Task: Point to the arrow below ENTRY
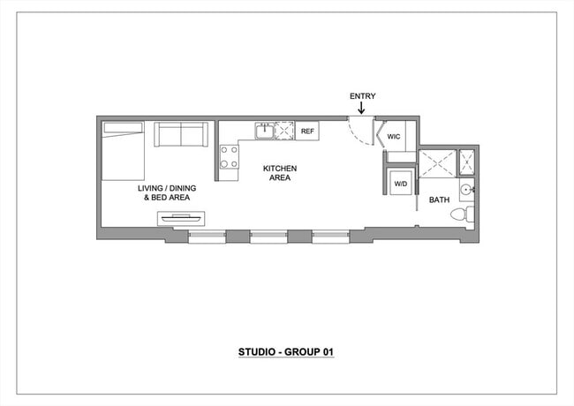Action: (x=361, y=109)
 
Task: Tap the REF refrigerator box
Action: (x=307, y=132)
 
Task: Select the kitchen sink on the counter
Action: (x=264, y=132)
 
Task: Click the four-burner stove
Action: (x=230, y=157)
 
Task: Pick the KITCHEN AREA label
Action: (x=278, y=173)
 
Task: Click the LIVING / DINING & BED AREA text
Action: (x=167, y=193)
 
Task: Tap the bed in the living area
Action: (x=123, y=151)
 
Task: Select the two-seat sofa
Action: (x=181, y=135)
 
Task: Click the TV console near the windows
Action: (x=181, y=217)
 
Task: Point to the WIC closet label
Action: (x=394, y=137)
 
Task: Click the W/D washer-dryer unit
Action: (x=401, y=184)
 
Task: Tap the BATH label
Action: (x=439, y=200)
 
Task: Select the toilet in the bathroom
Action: (x=463, y=214)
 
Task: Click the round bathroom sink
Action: (x=466, y=189)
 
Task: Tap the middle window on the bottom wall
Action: (x=268, y=237)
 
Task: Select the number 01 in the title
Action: (x=327, y=352)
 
